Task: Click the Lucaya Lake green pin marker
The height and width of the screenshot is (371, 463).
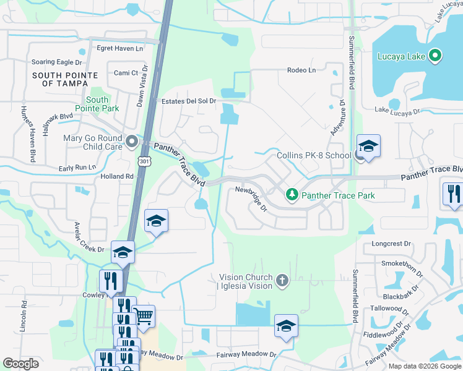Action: [x=435, y=56]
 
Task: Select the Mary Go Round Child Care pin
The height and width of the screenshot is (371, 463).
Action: [x=131, y=142]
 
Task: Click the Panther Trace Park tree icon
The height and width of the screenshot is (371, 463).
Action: [x=292, y=195]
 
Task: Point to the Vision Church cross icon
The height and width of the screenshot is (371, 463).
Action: [x=282, y=281]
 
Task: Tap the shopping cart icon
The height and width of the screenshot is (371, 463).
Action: [x=144, y=317]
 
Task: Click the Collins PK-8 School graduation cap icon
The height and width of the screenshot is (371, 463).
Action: [x=368, y=147]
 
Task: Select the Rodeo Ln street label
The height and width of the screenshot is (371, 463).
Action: [x=301, y=70]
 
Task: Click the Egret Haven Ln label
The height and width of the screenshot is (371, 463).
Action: [x=119, y=48]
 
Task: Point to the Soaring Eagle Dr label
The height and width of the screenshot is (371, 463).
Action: [x=57, y=62]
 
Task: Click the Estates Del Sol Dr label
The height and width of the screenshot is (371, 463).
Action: [x=188, y=101]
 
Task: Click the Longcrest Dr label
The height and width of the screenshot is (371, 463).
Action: [x=391, y=244]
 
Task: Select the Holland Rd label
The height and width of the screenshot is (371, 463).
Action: [x=117, y=176]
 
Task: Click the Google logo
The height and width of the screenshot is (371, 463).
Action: [x=20, y=363]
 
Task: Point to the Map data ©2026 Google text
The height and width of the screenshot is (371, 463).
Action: [x=425, y=366]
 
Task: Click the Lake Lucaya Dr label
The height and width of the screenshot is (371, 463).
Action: [x=397, y=111]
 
